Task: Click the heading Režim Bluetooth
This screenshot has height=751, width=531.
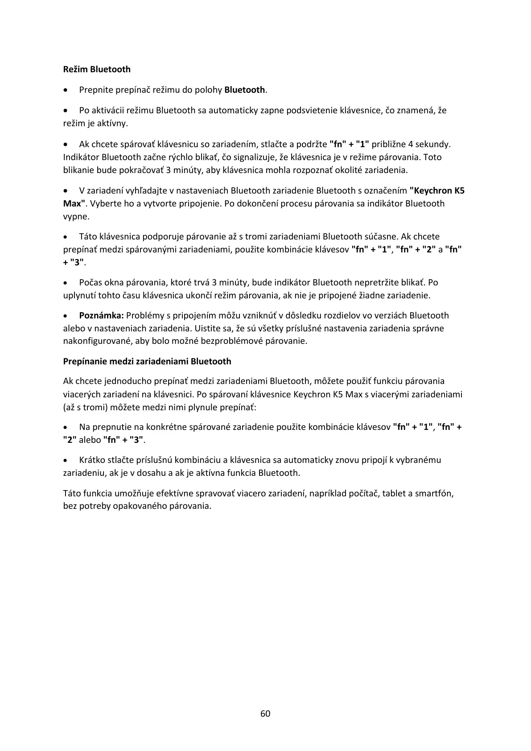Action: click(97, 69)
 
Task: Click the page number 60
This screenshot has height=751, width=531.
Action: click(265, 713)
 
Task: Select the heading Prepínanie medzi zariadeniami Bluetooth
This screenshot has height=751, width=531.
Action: click(147, 361)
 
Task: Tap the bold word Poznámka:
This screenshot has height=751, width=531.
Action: click(101, 315)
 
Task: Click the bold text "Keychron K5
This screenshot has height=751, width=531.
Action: click(437, 190)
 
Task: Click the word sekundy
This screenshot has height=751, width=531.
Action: click(433, 144)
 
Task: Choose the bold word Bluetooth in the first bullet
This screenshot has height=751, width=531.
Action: click(244, 90)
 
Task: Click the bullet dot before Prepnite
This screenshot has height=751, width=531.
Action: click(66, 90)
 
